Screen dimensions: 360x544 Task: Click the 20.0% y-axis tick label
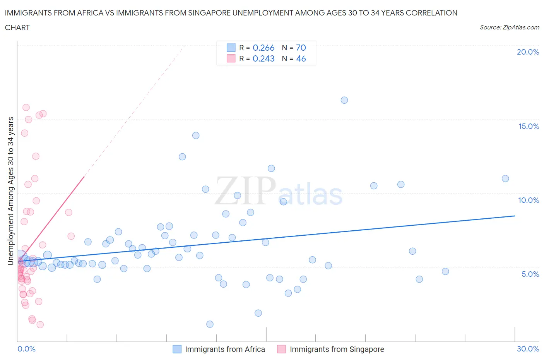[528, 52]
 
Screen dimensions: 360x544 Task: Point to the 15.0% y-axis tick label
[529, 126]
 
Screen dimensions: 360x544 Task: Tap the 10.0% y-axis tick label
[529, 200]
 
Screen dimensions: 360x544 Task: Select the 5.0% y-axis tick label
[530, 274]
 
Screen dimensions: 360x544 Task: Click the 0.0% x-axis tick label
[26, 349]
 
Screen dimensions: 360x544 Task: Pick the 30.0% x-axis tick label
[528, 349]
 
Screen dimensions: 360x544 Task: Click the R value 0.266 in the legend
[263, 48]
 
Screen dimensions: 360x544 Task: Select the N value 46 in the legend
[301, 58]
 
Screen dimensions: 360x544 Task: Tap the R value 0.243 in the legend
[263, 58]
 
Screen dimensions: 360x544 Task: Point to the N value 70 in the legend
[301, 48]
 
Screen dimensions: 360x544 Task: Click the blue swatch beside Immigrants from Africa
[177, 349]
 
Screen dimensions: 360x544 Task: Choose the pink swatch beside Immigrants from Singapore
[281, 349]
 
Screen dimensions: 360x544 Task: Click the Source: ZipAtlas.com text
[509, 27]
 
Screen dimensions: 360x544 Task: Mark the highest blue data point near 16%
[344, 100]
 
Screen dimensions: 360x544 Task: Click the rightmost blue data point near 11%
[505, 178]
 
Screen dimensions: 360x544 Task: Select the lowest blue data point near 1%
[210, 324]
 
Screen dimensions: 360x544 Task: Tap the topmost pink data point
[26, 107]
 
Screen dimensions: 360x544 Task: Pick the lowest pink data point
[40, 324]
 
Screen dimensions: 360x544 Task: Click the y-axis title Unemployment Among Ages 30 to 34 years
[10, 191]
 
